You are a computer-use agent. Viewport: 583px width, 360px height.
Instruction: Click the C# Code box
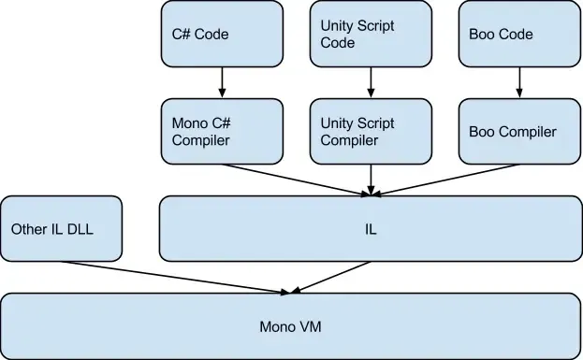click(x=222, y=34)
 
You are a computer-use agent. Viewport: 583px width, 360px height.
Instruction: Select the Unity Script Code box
click(x=370, y=34)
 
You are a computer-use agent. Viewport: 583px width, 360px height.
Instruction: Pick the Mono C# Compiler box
click(x=222, y=132)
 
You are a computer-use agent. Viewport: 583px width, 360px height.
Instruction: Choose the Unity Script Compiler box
click(x=370, y=132)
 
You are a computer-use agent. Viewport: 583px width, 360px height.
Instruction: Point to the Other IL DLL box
click(x=62, y=228)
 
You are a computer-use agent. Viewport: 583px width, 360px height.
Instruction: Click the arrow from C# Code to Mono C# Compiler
click(x=222, y=83)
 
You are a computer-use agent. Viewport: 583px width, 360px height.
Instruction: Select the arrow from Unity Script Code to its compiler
click(x=370, y=83)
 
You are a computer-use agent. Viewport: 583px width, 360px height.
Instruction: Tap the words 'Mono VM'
click(x=290, y=327)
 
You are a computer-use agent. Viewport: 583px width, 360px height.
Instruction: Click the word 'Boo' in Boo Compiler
click(x=482, y=132)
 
